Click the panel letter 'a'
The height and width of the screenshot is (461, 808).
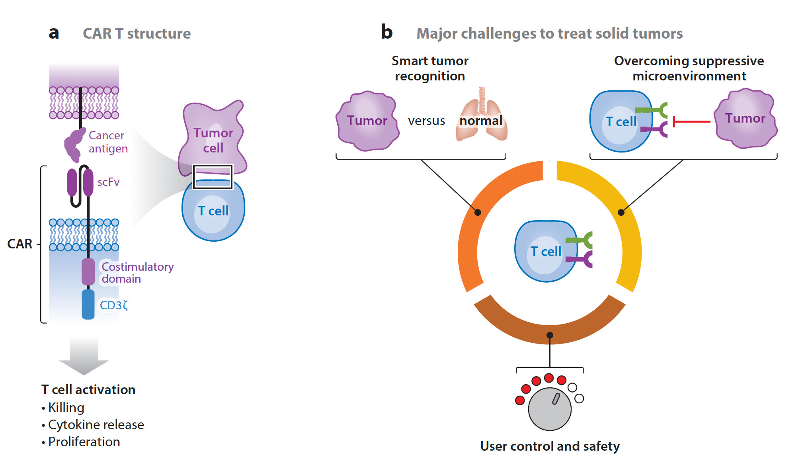[54, 33]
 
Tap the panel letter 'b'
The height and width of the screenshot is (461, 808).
[386, 32]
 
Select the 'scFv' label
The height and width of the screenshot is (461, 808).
[108, 182]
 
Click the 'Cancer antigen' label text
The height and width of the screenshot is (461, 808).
[108, 142]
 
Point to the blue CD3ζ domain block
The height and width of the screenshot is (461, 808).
[88, 305]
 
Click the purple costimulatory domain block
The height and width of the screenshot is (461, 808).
[88, 272]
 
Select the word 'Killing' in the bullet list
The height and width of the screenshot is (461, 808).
[66, 408]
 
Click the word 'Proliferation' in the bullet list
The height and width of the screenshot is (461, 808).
[84, 442]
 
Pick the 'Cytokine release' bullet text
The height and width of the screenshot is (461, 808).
[96, 425]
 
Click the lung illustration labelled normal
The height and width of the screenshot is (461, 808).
[482, 115]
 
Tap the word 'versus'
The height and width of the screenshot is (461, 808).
[426, 121]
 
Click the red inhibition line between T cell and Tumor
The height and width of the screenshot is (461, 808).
[692, 121]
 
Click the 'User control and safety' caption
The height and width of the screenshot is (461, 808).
[550, 446]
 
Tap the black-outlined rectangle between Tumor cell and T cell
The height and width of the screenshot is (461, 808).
[213, 177]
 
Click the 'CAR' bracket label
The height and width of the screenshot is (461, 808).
[20, 244]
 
